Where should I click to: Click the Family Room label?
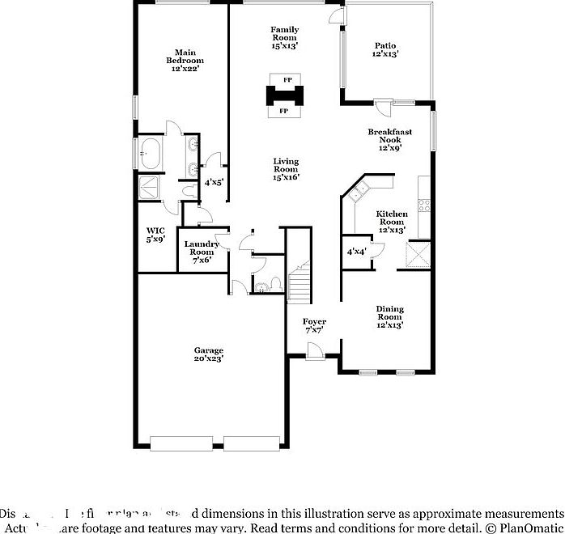click(285, 37)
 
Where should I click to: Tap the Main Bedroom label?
click(185, 61)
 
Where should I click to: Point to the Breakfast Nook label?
click(389, 139)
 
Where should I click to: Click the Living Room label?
click(286, 168)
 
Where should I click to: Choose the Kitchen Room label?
click(391, 222)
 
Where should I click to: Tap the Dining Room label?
click(389, 316)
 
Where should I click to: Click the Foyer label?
click(314, 325)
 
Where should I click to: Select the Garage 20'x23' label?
click(208, 354)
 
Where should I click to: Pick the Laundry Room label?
click(201, 251)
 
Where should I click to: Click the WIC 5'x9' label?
click(155, 235)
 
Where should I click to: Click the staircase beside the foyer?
click(300, 279)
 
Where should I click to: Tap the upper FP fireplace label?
click(287, 79)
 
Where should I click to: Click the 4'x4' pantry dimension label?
click(357, 252)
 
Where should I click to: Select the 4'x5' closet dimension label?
click(214, 183)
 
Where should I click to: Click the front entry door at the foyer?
click(315, 350)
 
